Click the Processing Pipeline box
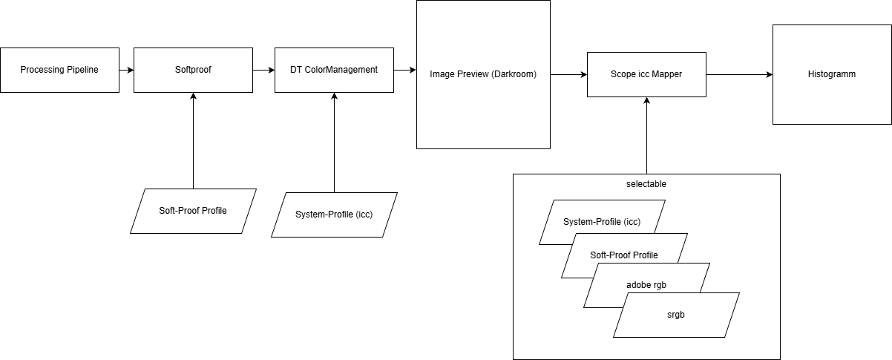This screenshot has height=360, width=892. point(59,70)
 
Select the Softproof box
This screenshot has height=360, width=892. point(193,70)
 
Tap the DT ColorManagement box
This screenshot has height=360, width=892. point(334,70)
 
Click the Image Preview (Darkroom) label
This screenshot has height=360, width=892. point(482,74)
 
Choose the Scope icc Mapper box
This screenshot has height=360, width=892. point(646,74)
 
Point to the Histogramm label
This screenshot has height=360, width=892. point(831,74)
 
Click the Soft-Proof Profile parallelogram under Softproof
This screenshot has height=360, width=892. point(193,211)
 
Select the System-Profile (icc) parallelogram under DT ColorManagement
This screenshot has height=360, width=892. point(334,215)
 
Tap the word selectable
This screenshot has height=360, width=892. point(646,183)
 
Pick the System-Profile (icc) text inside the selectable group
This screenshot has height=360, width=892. point(602,222)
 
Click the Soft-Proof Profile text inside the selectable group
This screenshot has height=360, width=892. point(624,255)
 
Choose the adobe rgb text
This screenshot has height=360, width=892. point(646,285)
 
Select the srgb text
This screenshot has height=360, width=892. point(676,315)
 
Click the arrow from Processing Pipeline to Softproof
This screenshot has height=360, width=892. point(126,70)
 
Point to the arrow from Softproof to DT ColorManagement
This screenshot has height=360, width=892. point(263,70)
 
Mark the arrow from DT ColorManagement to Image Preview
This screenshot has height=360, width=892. point(404,70)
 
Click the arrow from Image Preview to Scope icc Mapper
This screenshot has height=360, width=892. point(568,74)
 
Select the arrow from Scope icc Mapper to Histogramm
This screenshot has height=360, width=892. point(739,74)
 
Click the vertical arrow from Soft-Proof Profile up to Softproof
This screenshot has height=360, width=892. point(193,140)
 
